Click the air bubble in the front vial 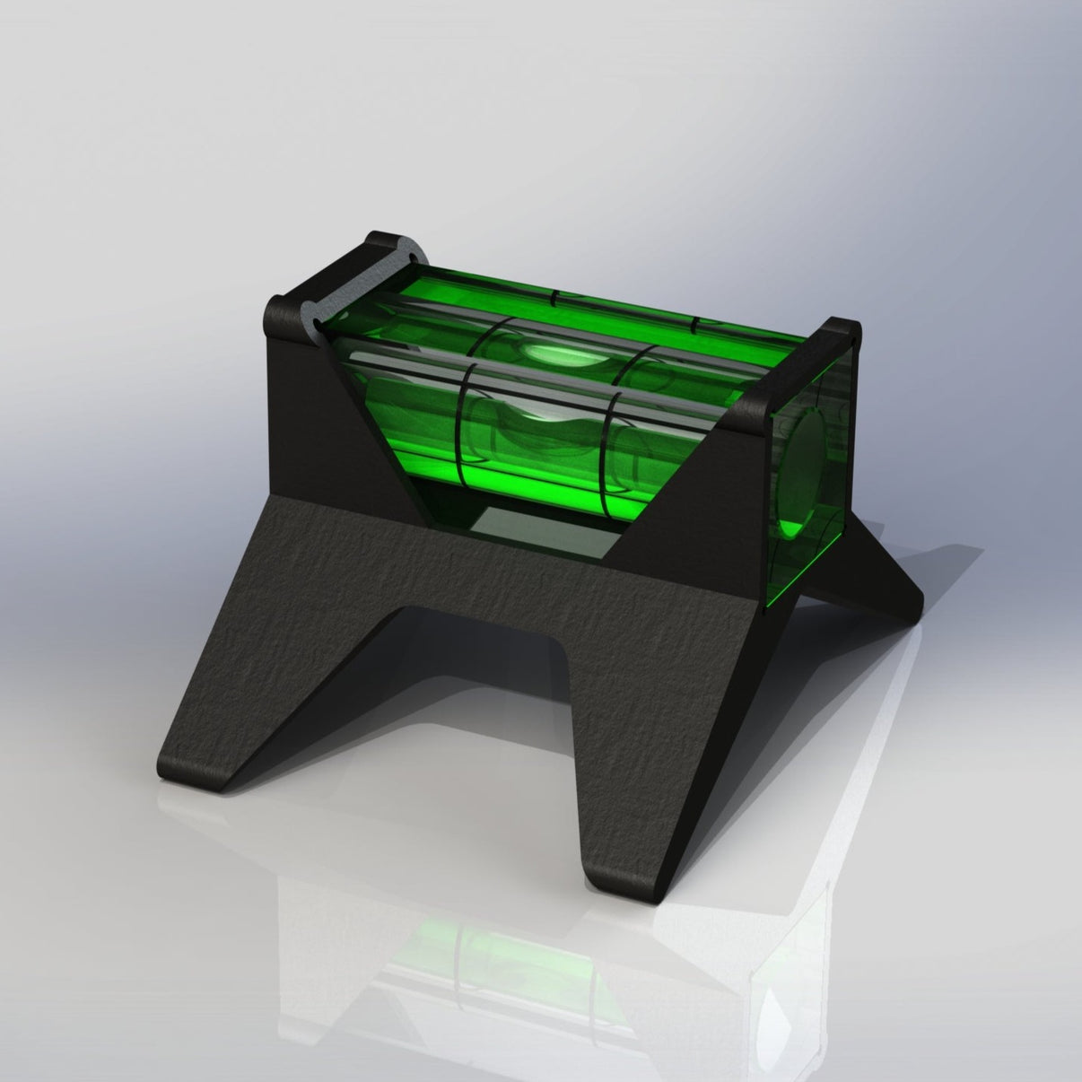pos(538,418)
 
